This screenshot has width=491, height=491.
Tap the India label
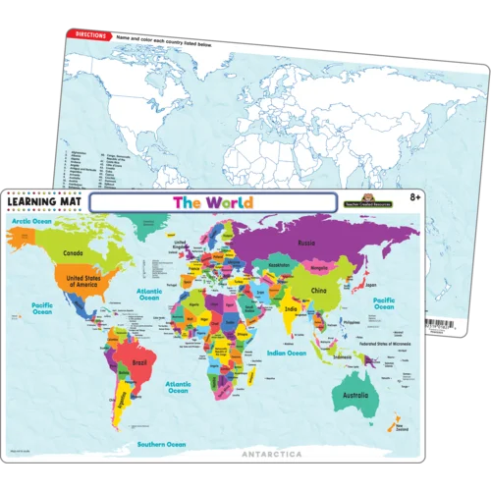291,310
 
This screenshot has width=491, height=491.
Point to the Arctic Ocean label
30,222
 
